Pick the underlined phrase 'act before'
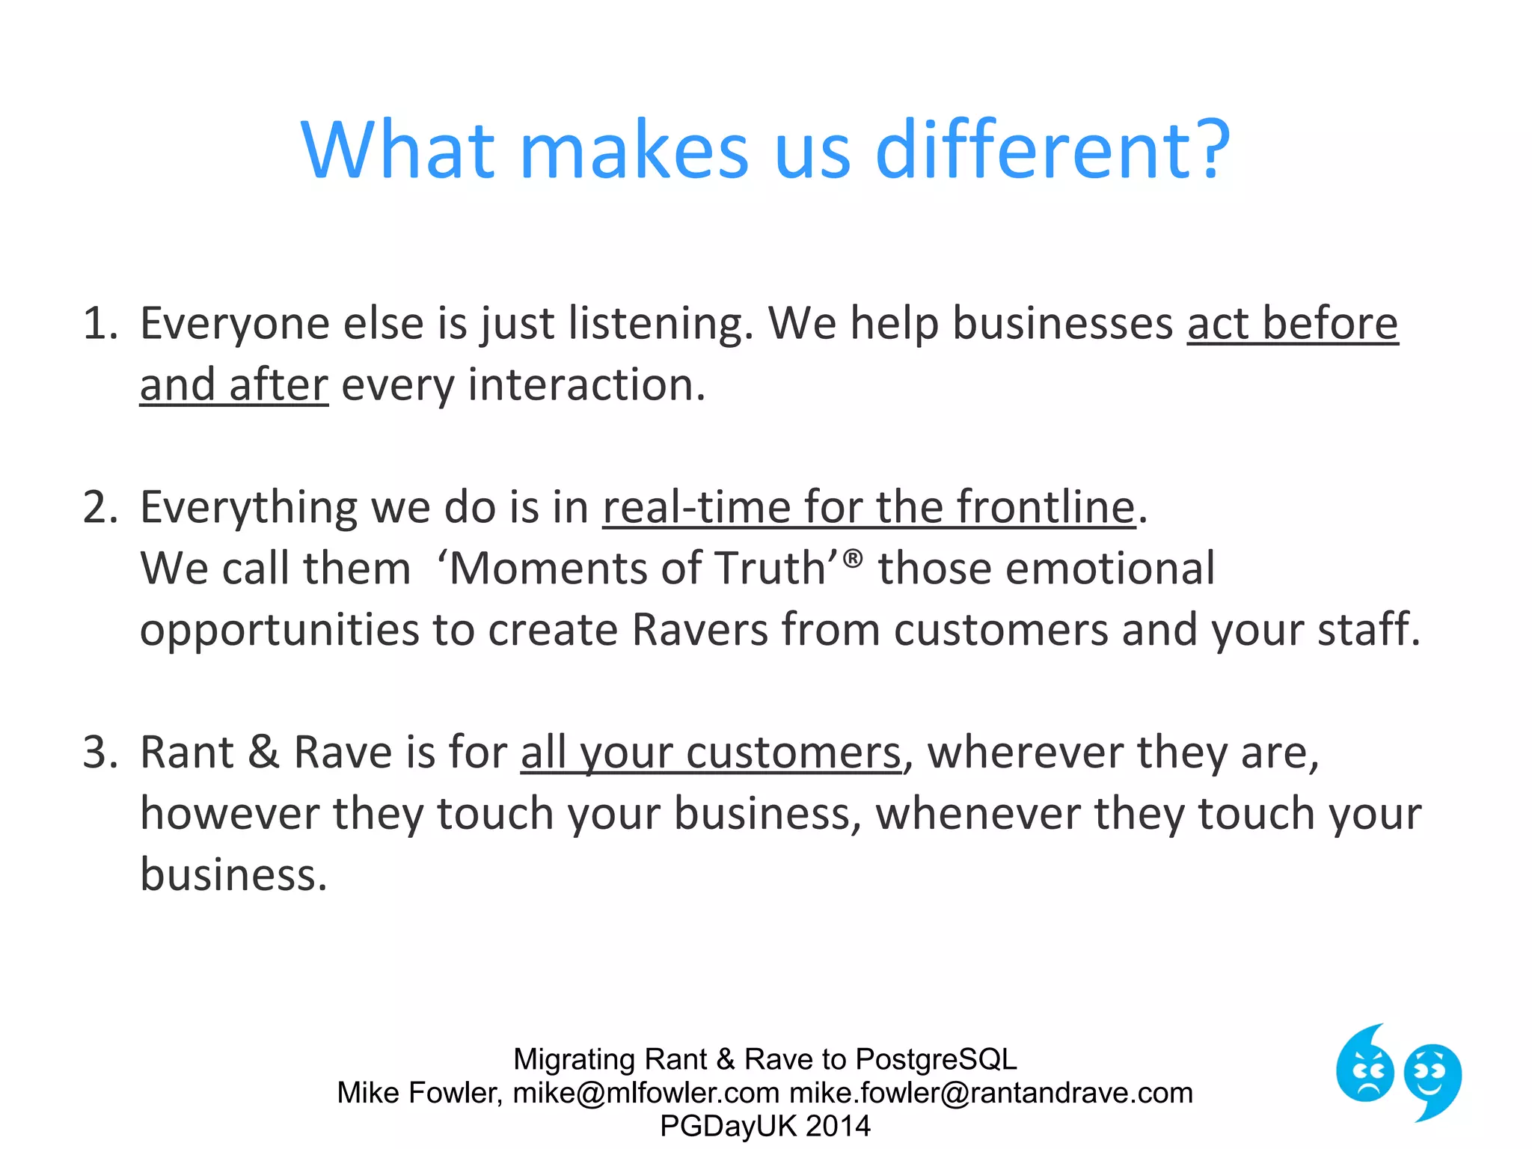point(1292,324)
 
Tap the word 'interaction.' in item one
point(586,386)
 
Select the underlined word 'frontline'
point(1046,508)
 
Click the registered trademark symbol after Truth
point(853,558)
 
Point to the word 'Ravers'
point(699,630)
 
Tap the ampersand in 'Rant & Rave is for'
point(263,753)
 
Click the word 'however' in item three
point(230,814)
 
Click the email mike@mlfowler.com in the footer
point(646,1093)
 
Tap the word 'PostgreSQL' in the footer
point(936,1059)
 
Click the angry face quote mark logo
point(1365,1066)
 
